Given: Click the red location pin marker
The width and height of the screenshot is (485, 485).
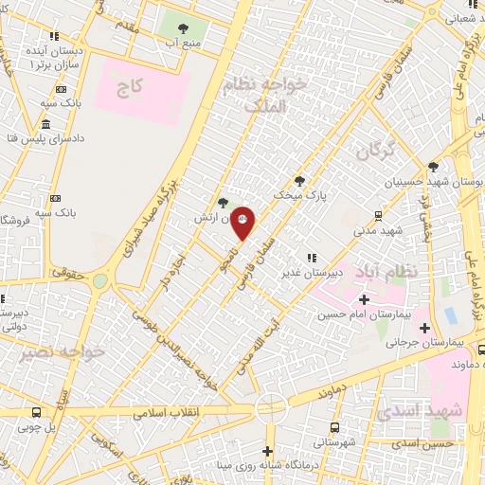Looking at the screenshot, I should (243, 223).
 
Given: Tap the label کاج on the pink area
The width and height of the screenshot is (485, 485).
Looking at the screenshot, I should (130, 89).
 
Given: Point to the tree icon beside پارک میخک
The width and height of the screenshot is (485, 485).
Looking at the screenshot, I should (300, 180).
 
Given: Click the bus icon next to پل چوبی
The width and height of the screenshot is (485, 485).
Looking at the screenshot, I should (36, 413).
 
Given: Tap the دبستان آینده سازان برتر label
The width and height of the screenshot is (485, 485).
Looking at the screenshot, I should (45, 56).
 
